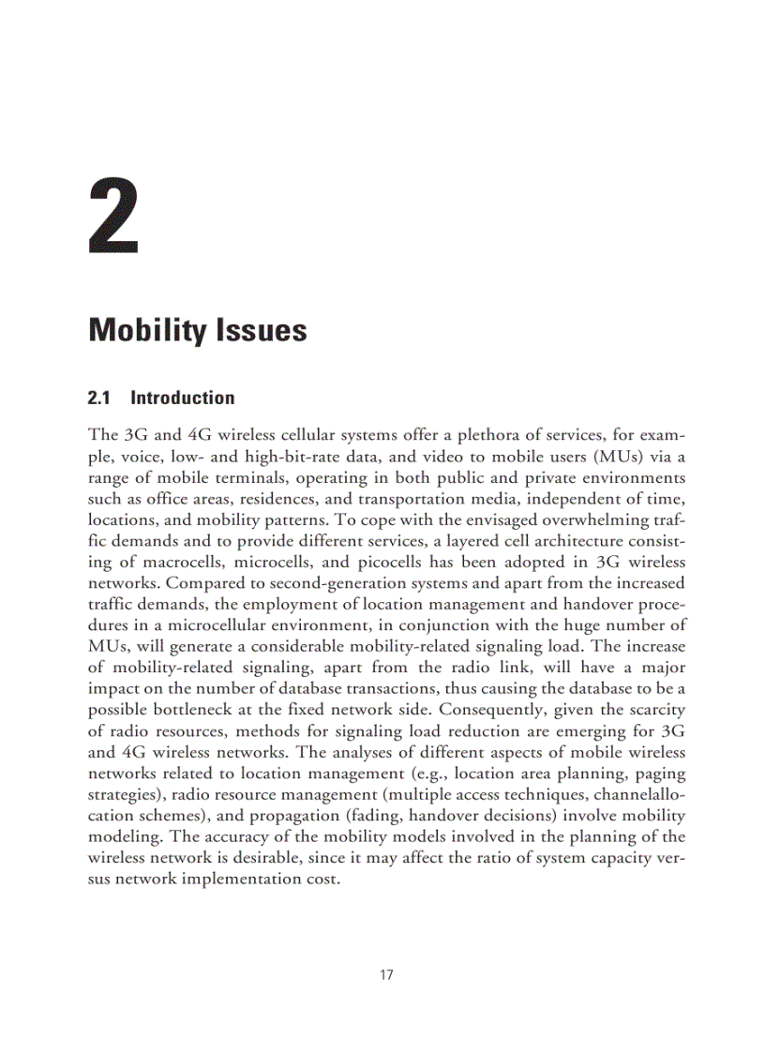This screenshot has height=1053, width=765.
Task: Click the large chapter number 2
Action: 113,219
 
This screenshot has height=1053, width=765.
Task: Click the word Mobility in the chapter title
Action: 146,331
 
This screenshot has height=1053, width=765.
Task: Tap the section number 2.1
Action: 98,398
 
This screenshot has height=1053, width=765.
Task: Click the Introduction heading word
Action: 183,398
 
